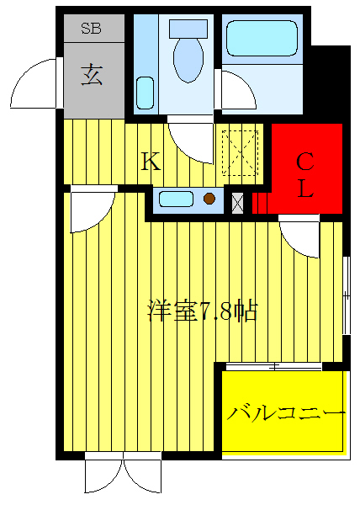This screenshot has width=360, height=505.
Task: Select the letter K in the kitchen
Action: click(150, 161)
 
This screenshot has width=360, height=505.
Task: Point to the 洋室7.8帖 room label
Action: click(201, 311)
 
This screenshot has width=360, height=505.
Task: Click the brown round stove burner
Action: click(209, 199)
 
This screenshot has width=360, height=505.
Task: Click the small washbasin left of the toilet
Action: click(144, 91)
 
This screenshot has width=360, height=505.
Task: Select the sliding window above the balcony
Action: click(273, 366)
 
